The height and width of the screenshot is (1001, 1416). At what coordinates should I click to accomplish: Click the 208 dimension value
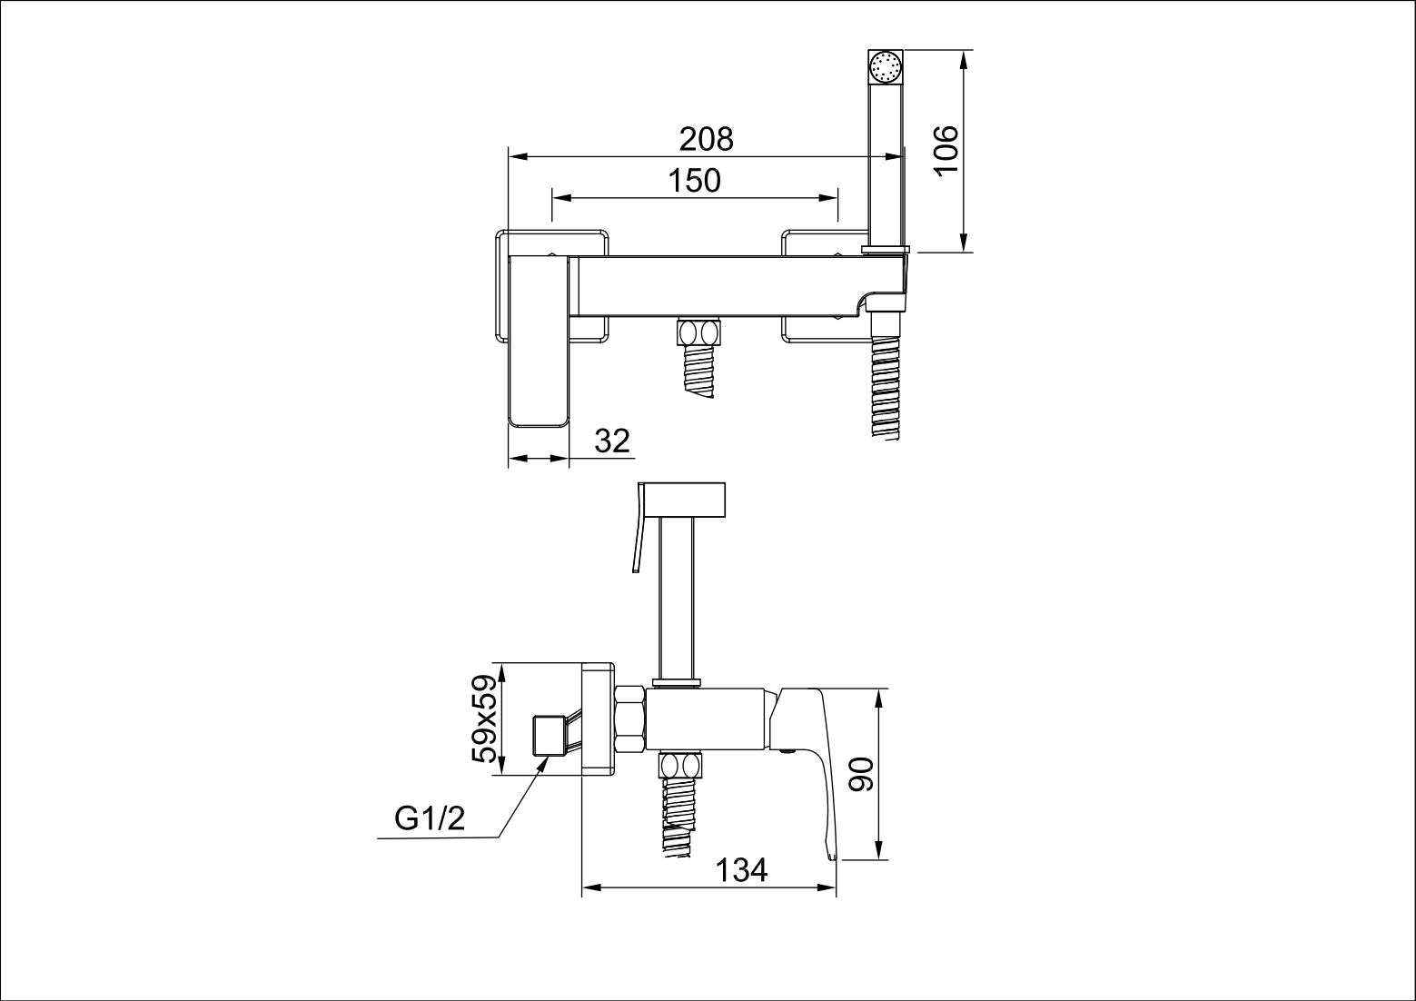click(706, 139)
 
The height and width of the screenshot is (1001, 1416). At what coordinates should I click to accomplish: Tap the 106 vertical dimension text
click(946, 151)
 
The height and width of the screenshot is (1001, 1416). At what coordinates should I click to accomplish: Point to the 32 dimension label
click(612, 441)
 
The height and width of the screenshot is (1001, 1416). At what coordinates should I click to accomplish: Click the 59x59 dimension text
click(486, 719)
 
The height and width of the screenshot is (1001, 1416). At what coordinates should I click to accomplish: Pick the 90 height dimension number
click(860, 773)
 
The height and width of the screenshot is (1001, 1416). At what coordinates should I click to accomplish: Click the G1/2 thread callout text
click(430, 819)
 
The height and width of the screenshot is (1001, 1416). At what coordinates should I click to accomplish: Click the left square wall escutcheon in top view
click(550, 285)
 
